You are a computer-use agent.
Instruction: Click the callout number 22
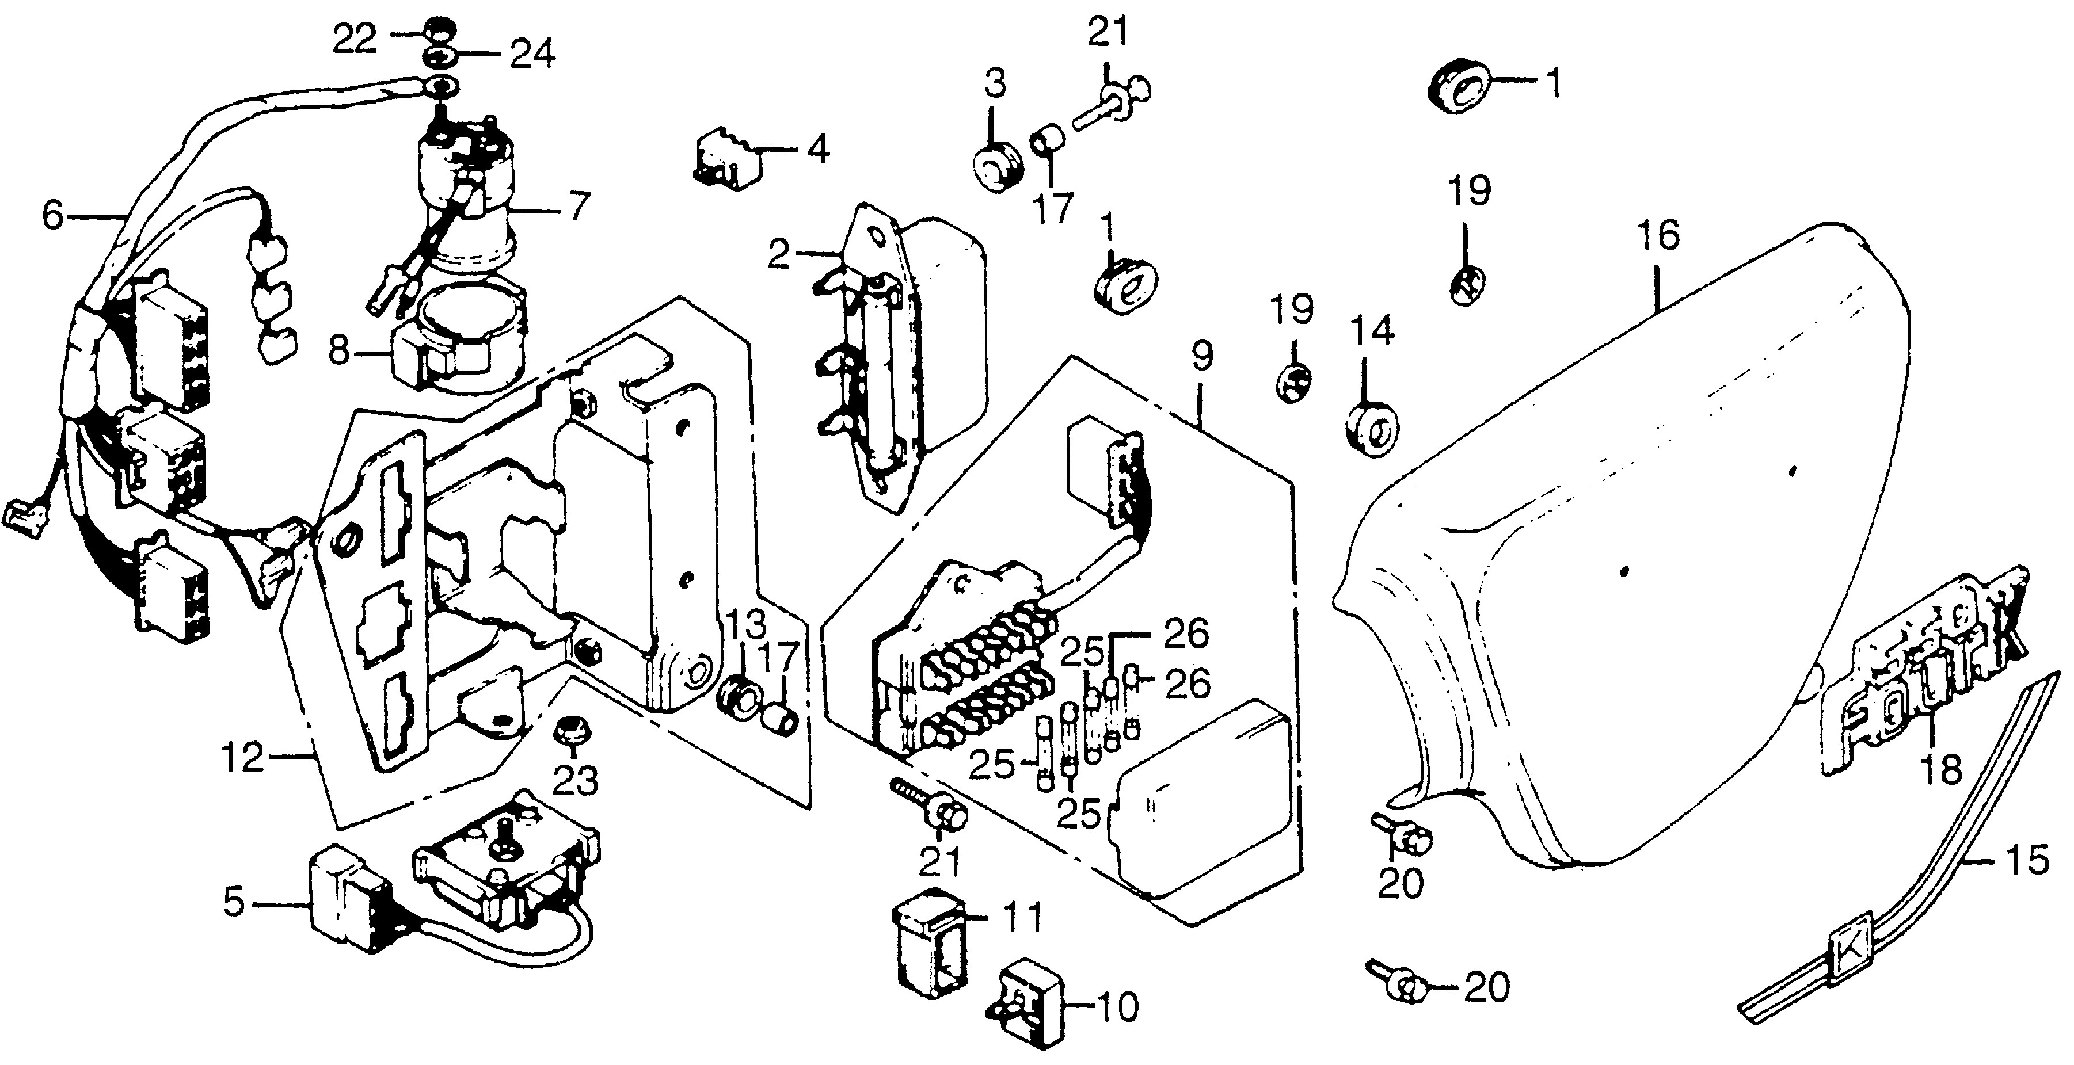point(355,39)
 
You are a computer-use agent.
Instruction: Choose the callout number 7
point(579,207)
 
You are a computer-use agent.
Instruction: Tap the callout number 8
point(339,350)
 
